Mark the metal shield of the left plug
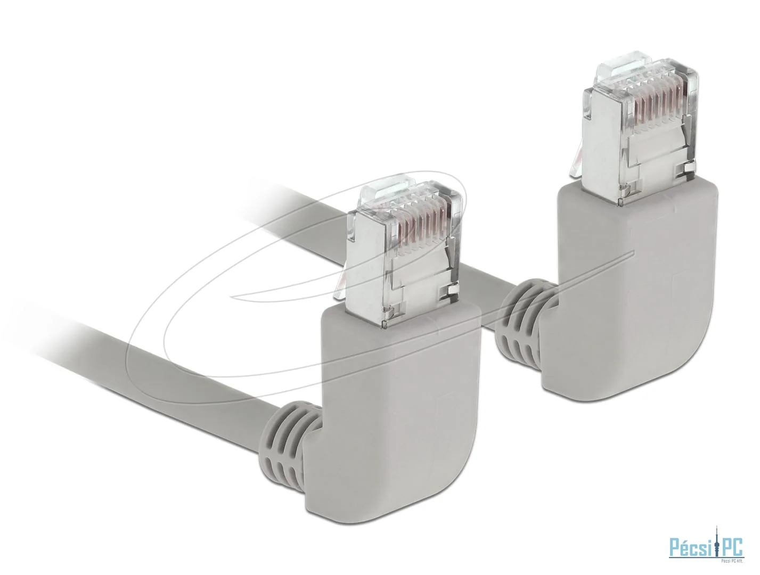[415, 287]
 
